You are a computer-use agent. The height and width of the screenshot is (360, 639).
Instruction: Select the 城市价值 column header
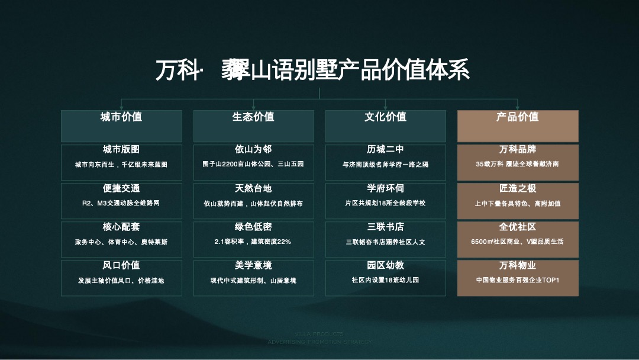click(x=121, y=117)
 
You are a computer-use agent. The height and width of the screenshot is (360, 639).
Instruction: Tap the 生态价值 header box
click(x=253, y=117)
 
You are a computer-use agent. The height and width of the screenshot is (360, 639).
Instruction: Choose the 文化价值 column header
click(x=385, y=117)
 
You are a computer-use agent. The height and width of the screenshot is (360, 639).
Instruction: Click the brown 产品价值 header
click(x=518, y=117)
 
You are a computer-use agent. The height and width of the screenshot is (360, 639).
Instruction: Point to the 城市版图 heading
click(x=121, y=150)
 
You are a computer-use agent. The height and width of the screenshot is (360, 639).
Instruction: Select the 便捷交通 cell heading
click(x=121, y=188)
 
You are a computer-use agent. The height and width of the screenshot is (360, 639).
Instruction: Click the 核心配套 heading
click(x=121, y=227)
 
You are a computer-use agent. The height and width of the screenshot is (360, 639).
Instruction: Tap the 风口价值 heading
click(x=121, y=265)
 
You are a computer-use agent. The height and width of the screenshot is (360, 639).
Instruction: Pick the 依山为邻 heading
click(x=253, y=150)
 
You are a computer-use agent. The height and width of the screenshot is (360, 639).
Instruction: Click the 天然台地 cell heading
click(x=253, y=188)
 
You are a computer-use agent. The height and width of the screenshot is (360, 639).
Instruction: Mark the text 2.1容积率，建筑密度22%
click(x=253, y=242)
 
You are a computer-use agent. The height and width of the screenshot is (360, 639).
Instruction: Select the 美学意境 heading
click(x=253, y=265)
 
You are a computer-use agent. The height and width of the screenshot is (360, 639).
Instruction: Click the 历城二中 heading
click(x=385, y=150)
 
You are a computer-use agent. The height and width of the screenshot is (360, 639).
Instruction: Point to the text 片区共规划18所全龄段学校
click(x=385, y=203)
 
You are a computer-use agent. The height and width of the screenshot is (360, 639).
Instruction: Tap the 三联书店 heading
click(x=385, y=227)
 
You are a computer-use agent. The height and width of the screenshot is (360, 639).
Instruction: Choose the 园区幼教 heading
click(x=385, y=265)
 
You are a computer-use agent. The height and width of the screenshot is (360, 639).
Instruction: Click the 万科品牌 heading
click(x=518, y=150)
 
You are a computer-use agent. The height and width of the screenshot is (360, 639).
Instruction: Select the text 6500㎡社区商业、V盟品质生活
click(x=518, y=242)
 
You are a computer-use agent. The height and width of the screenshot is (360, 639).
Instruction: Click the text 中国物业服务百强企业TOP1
click(x=518, y=280)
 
